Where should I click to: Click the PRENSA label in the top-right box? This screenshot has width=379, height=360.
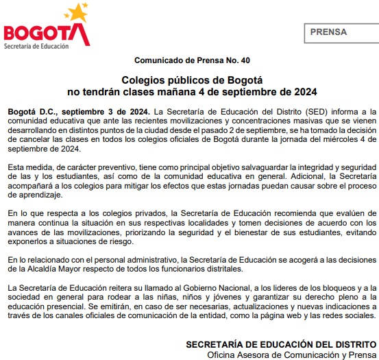point(328,32)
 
